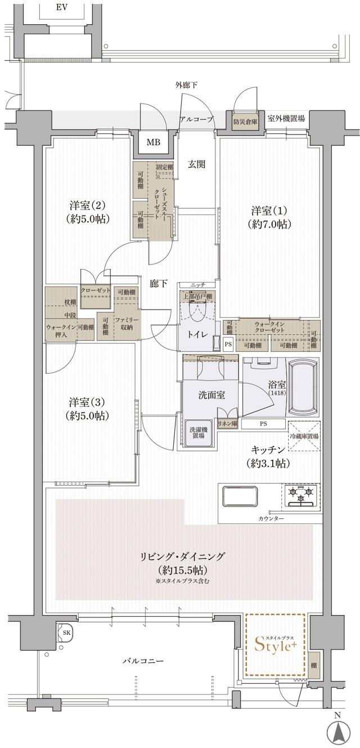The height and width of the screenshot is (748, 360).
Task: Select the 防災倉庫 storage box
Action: pos(246,120)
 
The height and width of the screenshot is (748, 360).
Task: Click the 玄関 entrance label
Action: pos(196,164)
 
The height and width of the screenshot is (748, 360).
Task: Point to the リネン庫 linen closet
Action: pos(227,423)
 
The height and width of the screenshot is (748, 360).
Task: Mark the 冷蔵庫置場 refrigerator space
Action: pos(304,436)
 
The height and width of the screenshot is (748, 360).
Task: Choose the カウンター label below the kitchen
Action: pos(272,518)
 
